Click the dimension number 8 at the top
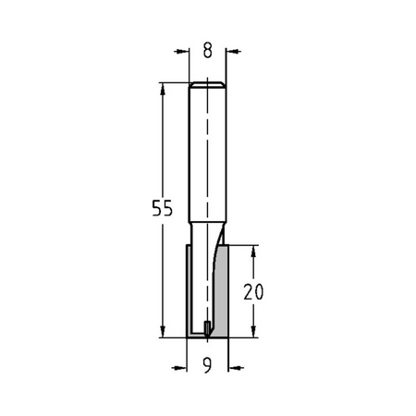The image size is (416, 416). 208,51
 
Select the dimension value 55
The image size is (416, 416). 163,208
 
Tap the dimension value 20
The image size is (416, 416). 253,292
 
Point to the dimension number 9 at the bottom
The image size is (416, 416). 207,366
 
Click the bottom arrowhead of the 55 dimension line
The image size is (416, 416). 163,332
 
